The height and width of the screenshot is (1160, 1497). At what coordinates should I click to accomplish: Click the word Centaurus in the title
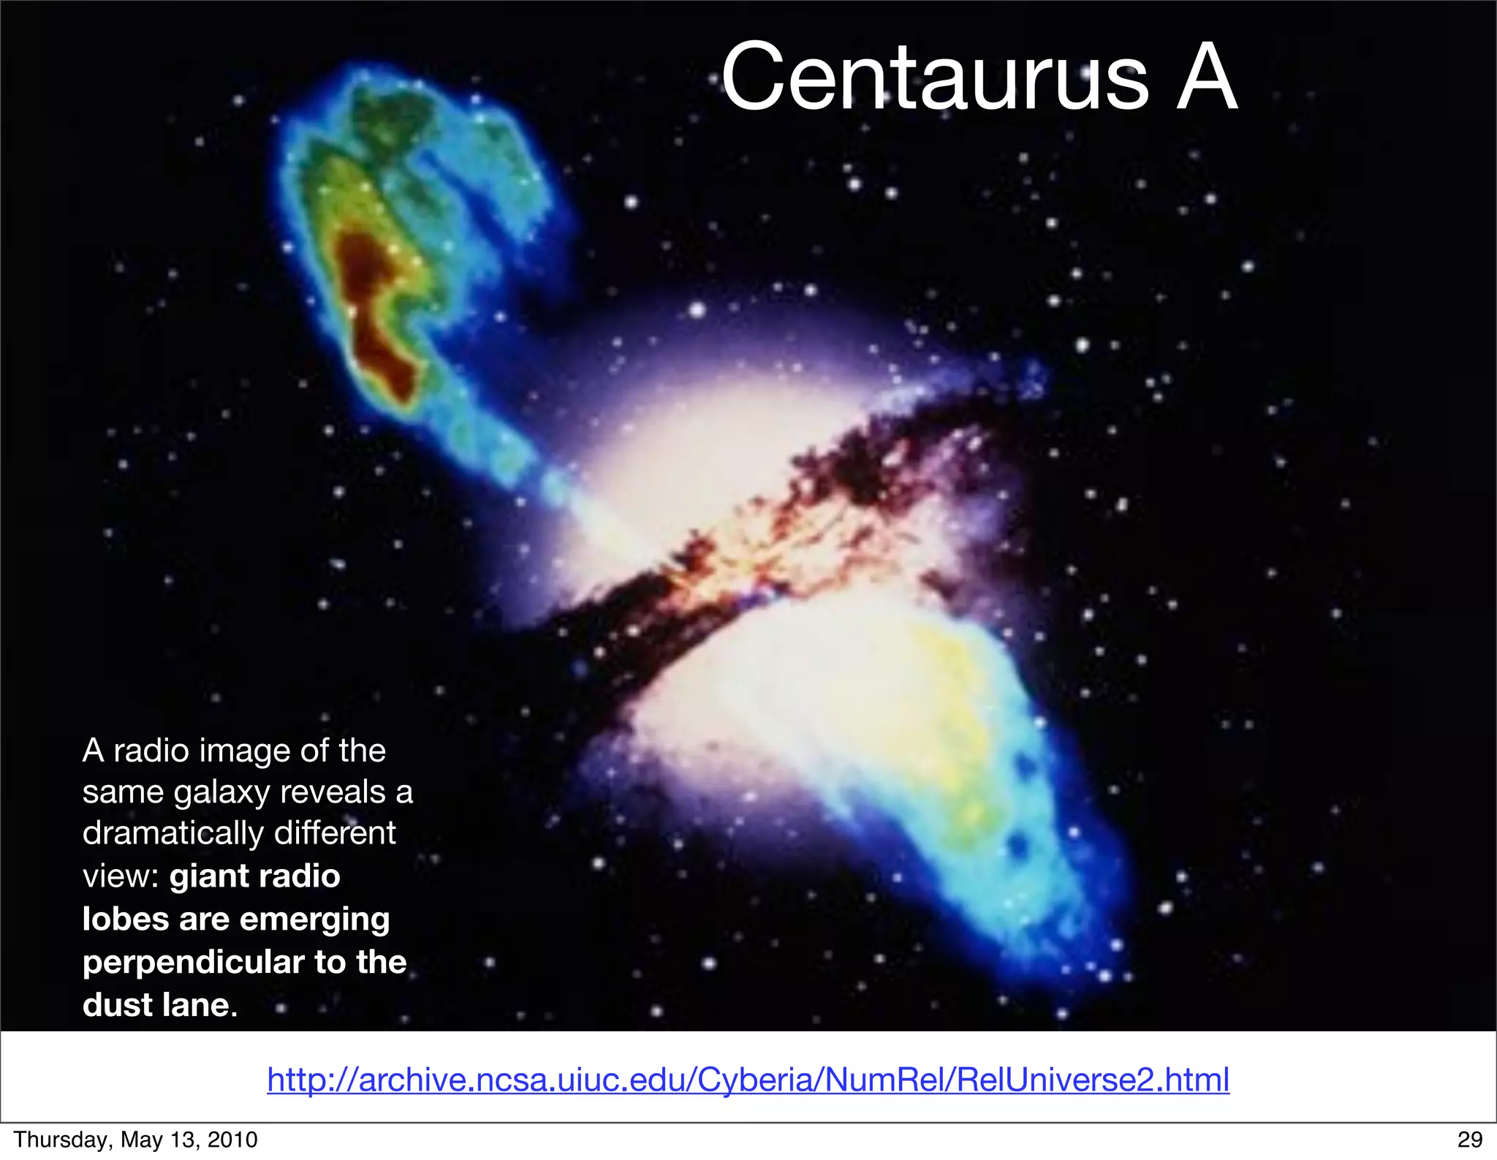click(934, 77)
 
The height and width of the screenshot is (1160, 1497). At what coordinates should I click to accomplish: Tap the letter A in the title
click(1206, 77)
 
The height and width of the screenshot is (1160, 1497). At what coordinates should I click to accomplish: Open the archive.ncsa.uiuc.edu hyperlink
click(748, 1080)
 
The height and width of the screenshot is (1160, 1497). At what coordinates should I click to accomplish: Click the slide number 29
click(1469, 1140)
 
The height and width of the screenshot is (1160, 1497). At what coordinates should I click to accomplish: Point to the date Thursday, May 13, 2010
click(136, 1140)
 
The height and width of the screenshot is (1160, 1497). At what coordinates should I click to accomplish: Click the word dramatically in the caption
click(173, 833)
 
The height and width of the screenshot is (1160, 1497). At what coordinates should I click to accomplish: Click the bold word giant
click(205, 876)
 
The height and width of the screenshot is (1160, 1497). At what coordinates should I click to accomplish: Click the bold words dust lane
click(159, 1005)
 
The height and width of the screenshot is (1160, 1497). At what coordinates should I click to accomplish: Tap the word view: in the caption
click(121, 876)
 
